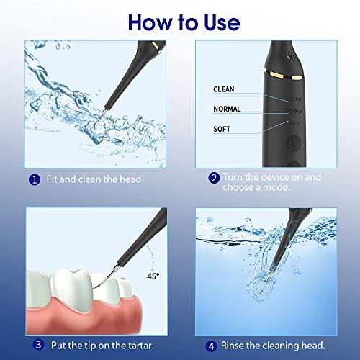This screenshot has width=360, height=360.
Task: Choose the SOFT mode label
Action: point(222,129)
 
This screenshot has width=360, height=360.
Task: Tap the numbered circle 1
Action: point(33,179)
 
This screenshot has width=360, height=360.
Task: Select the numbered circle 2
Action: point(214,177)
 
